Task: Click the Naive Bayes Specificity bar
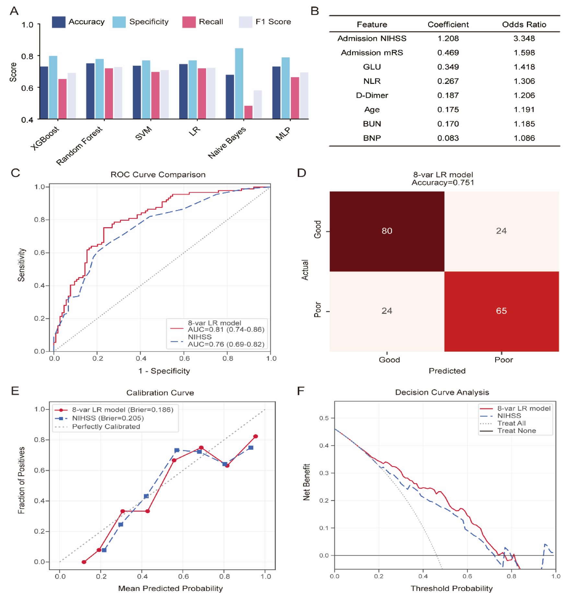(x=239, y=83)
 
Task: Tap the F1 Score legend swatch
(x=245, y=22)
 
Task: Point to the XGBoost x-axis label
(x=45, y=138)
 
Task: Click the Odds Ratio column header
(x=524, y=25)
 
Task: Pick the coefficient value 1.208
(x=448, y=39)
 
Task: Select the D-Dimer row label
(x=372, y=95)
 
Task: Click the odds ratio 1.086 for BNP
(x=524, y=138)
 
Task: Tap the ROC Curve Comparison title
(x=158, y=175)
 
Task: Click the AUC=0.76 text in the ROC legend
(x=226, y=344)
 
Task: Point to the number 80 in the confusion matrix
(x=387, y=231)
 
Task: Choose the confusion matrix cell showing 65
(x=501, y=311)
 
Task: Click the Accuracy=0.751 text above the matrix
(x=443, y=183)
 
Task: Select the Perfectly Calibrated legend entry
(x=106, y=427)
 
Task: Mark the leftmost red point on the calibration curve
(x=84, y=562)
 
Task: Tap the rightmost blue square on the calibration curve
(x=251, y=448)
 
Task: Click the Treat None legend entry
(x=516, y=431)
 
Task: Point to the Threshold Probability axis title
(x=451, y=588)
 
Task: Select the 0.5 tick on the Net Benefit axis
(x=324, y=418)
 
